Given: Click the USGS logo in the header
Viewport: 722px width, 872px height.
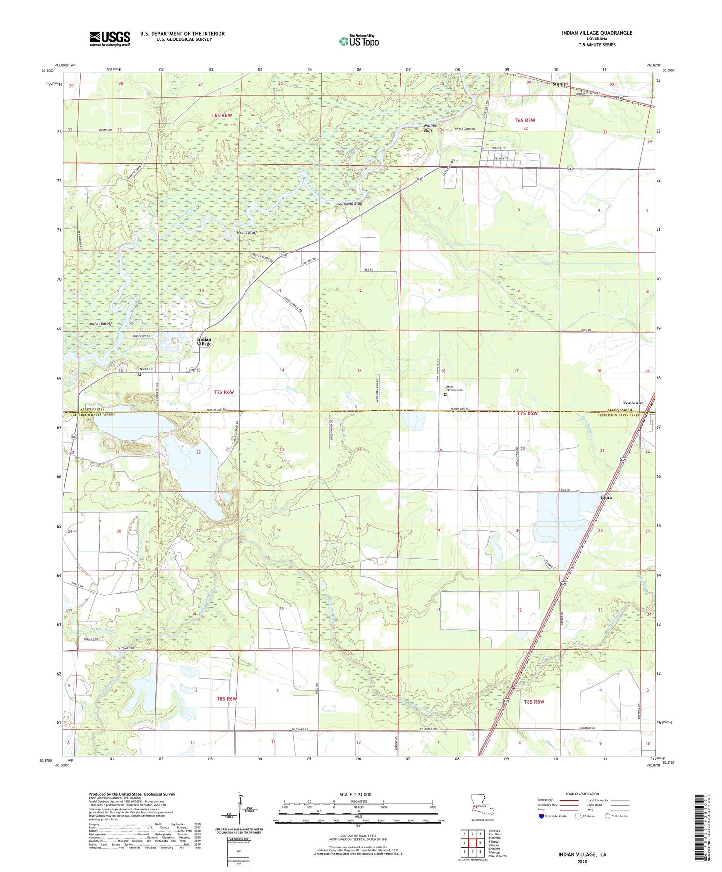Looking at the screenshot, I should (110, 38).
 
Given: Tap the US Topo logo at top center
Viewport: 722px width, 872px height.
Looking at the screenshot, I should (359, 41).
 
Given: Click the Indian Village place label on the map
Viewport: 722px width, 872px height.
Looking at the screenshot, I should (204, 341).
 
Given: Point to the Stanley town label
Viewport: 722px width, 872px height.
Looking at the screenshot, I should (560, 84).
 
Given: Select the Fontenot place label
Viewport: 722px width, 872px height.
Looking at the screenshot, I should (632, 403).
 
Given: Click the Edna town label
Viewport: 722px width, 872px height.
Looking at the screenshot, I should (606, 497).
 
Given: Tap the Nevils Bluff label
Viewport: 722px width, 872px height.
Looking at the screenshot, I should (247, 233).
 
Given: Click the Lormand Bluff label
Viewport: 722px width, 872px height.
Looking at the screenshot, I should (350, 204).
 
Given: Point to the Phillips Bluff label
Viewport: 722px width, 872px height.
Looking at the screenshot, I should (430, 128).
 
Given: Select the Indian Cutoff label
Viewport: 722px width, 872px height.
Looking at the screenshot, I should (100, 324).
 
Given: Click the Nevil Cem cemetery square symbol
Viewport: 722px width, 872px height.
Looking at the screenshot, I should (140, 374).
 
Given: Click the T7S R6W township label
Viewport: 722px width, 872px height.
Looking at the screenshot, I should (223, 392).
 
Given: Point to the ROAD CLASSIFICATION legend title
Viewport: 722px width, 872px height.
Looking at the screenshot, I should (582, 794).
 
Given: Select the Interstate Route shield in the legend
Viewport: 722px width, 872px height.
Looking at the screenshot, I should (541, 816).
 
